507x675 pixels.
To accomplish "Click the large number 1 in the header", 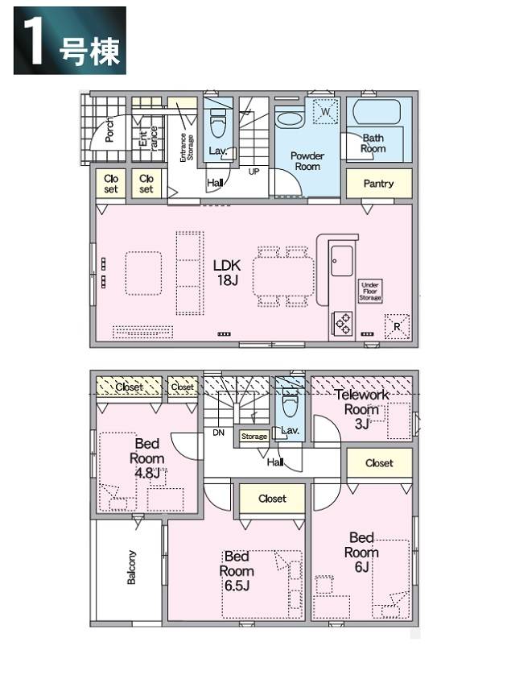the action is [33, 41].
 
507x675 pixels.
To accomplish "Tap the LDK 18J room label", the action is [227, 272].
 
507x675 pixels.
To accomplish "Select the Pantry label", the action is [378, 184].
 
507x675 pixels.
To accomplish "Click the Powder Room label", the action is [307, 161].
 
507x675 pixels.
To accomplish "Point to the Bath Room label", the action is [373, 143].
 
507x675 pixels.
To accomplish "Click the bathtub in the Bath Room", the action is [377, 112].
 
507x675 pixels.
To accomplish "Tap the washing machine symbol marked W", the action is [325, 112].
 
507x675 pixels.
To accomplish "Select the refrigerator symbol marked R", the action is [397, 327].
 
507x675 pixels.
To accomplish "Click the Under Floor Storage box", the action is [370, 292].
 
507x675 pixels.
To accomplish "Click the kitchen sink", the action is [342, 261].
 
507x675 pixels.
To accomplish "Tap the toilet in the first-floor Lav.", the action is [218, 123].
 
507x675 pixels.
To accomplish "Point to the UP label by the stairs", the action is [253, 172].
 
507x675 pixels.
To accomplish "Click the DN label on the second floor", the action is [218, 433].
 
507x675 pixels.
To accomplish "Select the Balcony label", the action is [132, 567].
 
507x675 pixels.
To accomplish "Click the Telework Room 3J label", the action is [361, 409].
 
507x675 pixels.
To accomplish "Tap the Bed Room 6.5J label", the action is [237, 571].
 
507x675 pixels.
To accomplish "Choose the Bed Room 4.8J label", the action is [147, 458].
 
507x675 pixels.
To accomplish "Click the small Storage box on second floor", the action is [254, 437].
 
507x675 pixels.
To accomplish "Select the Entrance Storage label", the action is [187, 147].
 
